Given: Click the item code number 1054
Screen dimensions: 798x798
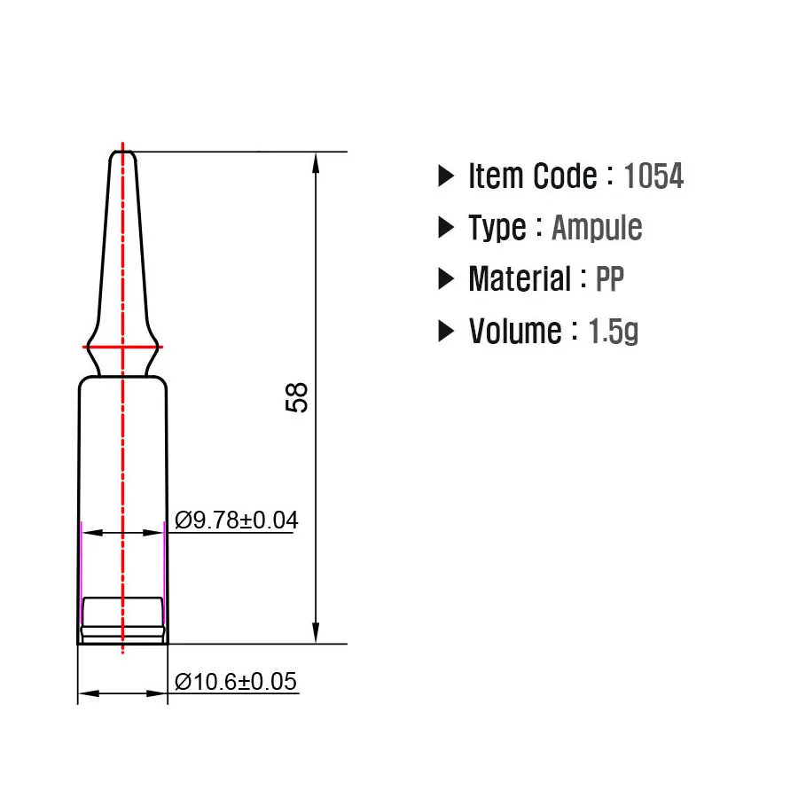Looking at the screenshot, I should pos(653,176).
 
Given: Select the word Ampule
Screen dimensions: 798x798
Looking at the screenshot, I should pos(597,228).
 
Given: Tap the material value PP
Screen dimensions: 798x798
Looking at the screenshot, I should pos(610,279).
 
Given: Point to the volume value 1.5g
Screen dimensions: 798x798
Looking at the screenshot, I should pos(614,331).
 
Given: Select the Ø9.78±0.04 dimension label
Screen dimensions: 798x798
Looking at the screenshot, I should pos(236,520).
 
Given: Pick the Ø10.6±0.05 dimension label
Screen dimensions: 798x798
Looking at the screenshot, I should pos(236,681).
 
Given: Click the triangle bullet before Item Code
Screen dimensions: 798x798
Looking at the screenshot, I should pos(446,176).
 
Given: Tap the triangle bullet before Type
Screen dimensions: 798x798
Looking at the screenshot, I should pos(446,228).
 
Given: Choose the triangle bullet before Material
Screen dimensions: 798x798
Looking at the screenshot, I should pos(446,279).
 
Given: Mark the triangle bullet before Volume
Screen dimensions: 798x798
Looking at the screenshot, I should pos(446,331).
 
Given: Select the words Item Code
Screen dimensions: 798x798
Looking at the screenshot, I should pos(532,176).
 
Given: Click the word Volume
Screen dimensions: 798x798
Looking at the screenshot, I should pos(514,331).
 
